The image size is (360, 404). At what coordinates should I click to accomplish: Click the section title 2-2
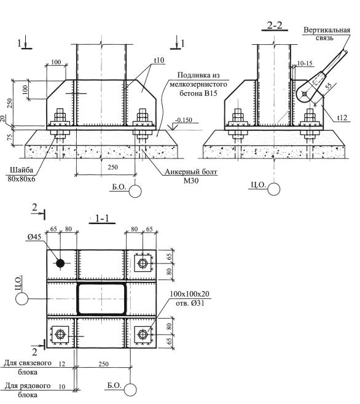275,25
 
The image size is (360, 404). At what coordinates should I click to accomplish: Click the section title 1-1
102,219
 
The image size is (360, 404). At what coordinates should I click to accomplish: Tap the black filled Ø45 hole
60,263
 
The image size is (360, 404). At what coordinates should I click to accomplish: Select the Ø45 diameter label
34,237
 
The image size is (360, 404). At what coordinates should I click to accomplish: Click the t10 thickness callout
159,60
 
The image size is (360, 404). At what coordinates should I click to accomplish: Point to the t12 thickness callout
342,117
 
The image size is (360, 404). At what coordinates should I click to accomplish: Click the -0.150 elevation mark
184,120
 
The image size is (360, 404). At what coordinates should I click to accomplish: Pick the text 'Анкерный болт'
191,171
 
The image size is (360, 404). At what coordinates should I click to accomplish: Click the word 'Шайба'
22,170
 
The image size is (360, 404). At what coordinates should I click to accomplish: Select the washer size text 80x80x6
22,179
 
